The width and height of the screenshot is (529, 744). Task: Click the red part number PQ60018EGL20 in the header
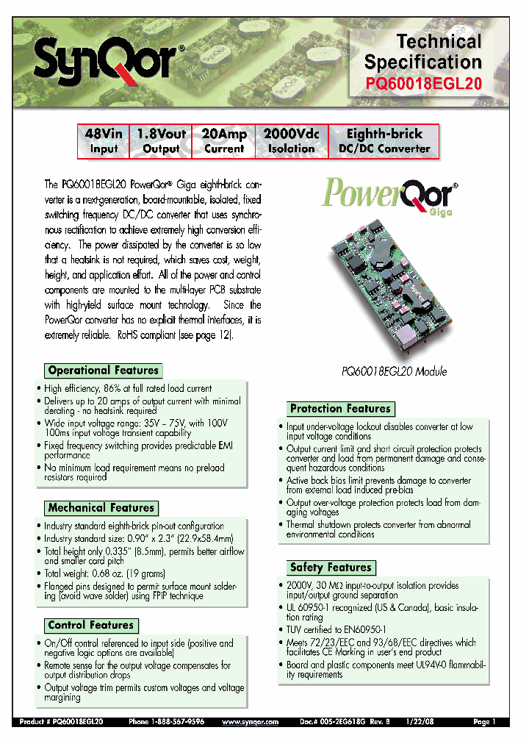[x=424, y=84]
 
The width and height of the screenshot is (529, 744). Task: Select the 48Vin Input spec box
[x=104, y=141]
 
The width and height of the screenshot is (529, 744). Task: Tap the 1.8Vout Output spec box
[x=161, y=141]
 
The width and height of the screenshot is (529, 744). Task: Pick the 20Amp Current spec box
[x=224, y=141]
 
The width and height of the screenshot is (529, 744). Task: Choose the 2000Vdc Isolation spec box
[x=291, y=141]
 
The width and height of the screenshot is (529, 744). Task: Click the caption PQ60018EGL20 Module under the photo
[x=394, y=372]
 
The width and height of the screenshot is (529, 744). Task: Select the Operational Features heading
[x=103, y=371]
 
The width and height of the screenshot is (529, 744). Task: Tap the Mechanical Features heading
[x=101, y=508]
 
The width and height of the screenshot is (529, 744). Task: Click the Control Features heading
[x=91, y=626]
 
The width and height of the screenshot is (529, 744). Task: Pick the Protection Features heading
[x=340, y=409]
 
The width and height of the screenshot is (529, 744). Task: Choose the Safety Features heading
[x=331, y=568]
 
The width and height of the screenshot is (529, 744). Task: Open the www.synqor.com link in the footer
[x=250, y=723]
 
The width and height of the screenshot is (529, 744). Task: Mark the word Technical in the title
[x=439, y=41]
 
